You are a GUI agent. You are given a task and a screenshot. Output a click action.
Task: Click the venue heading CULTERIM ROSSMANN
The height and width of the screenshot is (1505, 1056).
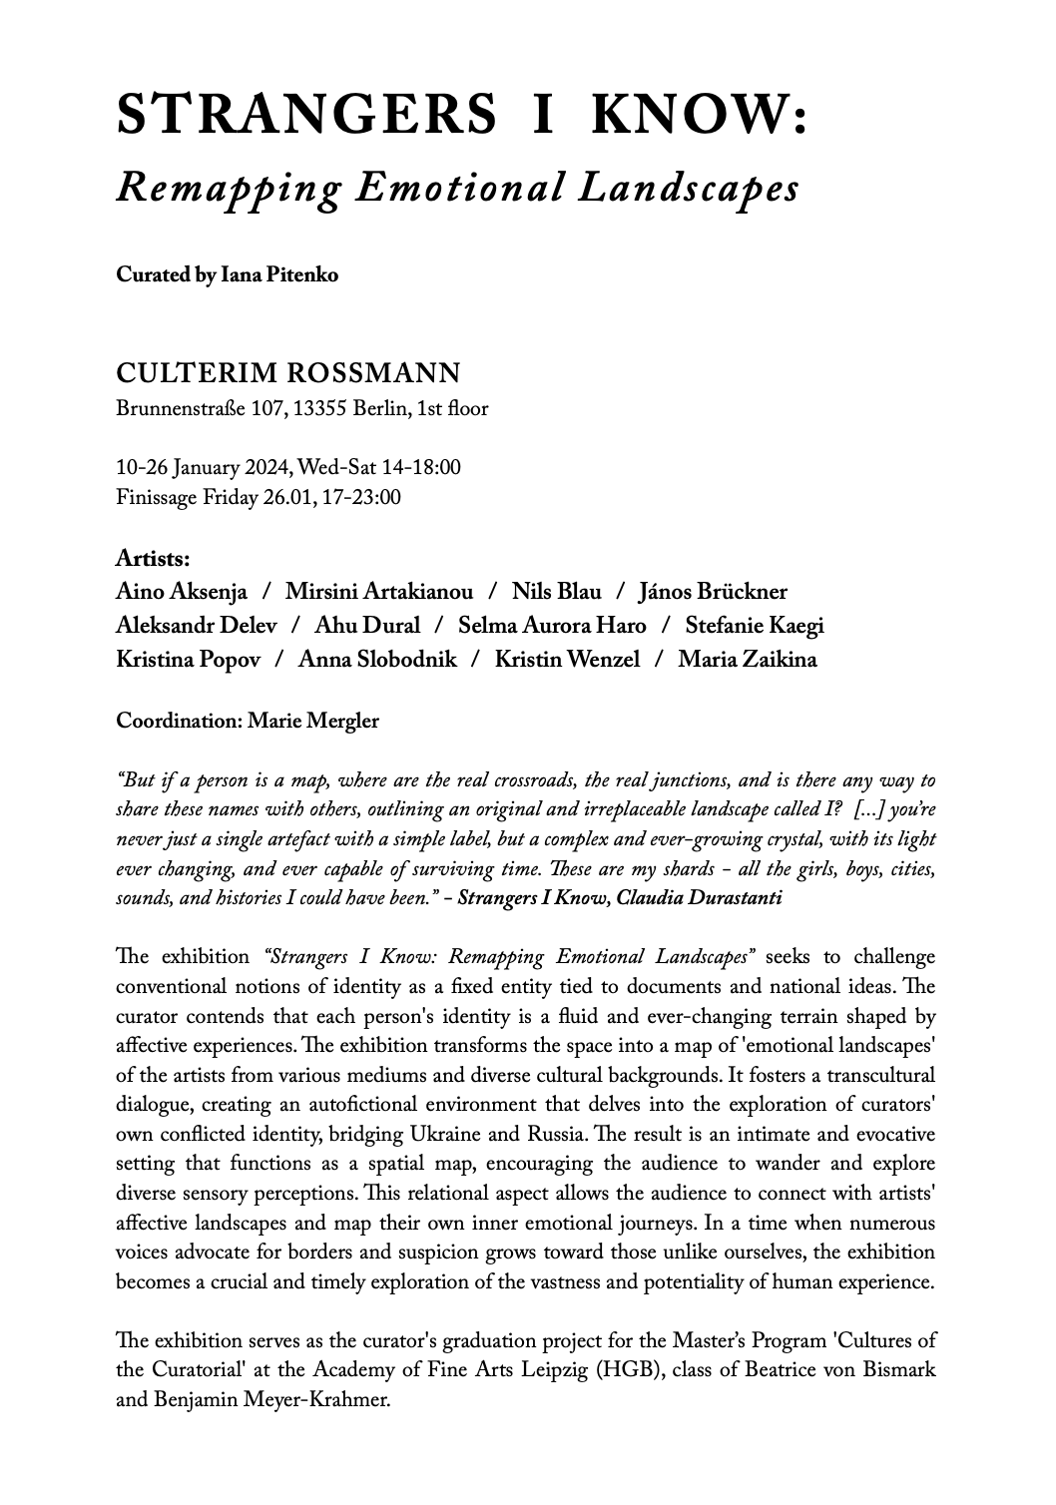288,374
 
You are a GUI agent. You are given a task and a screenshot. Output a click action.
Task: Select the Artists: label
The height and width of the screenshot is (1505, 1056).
153,558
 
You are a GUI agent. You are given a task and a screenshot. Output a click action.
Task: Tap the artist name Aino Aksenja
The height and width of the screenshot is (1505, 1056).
182,592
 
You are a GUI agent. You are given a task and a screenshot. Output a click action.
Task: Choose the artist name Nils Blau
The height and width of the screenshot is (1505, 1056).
557,592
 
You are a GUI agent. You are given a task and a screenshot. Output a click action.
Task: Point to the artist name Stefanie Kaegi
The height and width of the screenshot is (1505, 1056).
755,626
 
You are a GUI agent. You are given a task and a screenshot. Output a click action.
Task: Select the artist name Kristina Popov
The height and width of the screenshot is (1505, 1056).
189,660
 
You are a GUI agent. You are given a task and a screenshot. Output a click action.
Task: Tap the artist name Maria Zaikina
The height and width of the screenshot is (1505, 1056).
748,660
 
